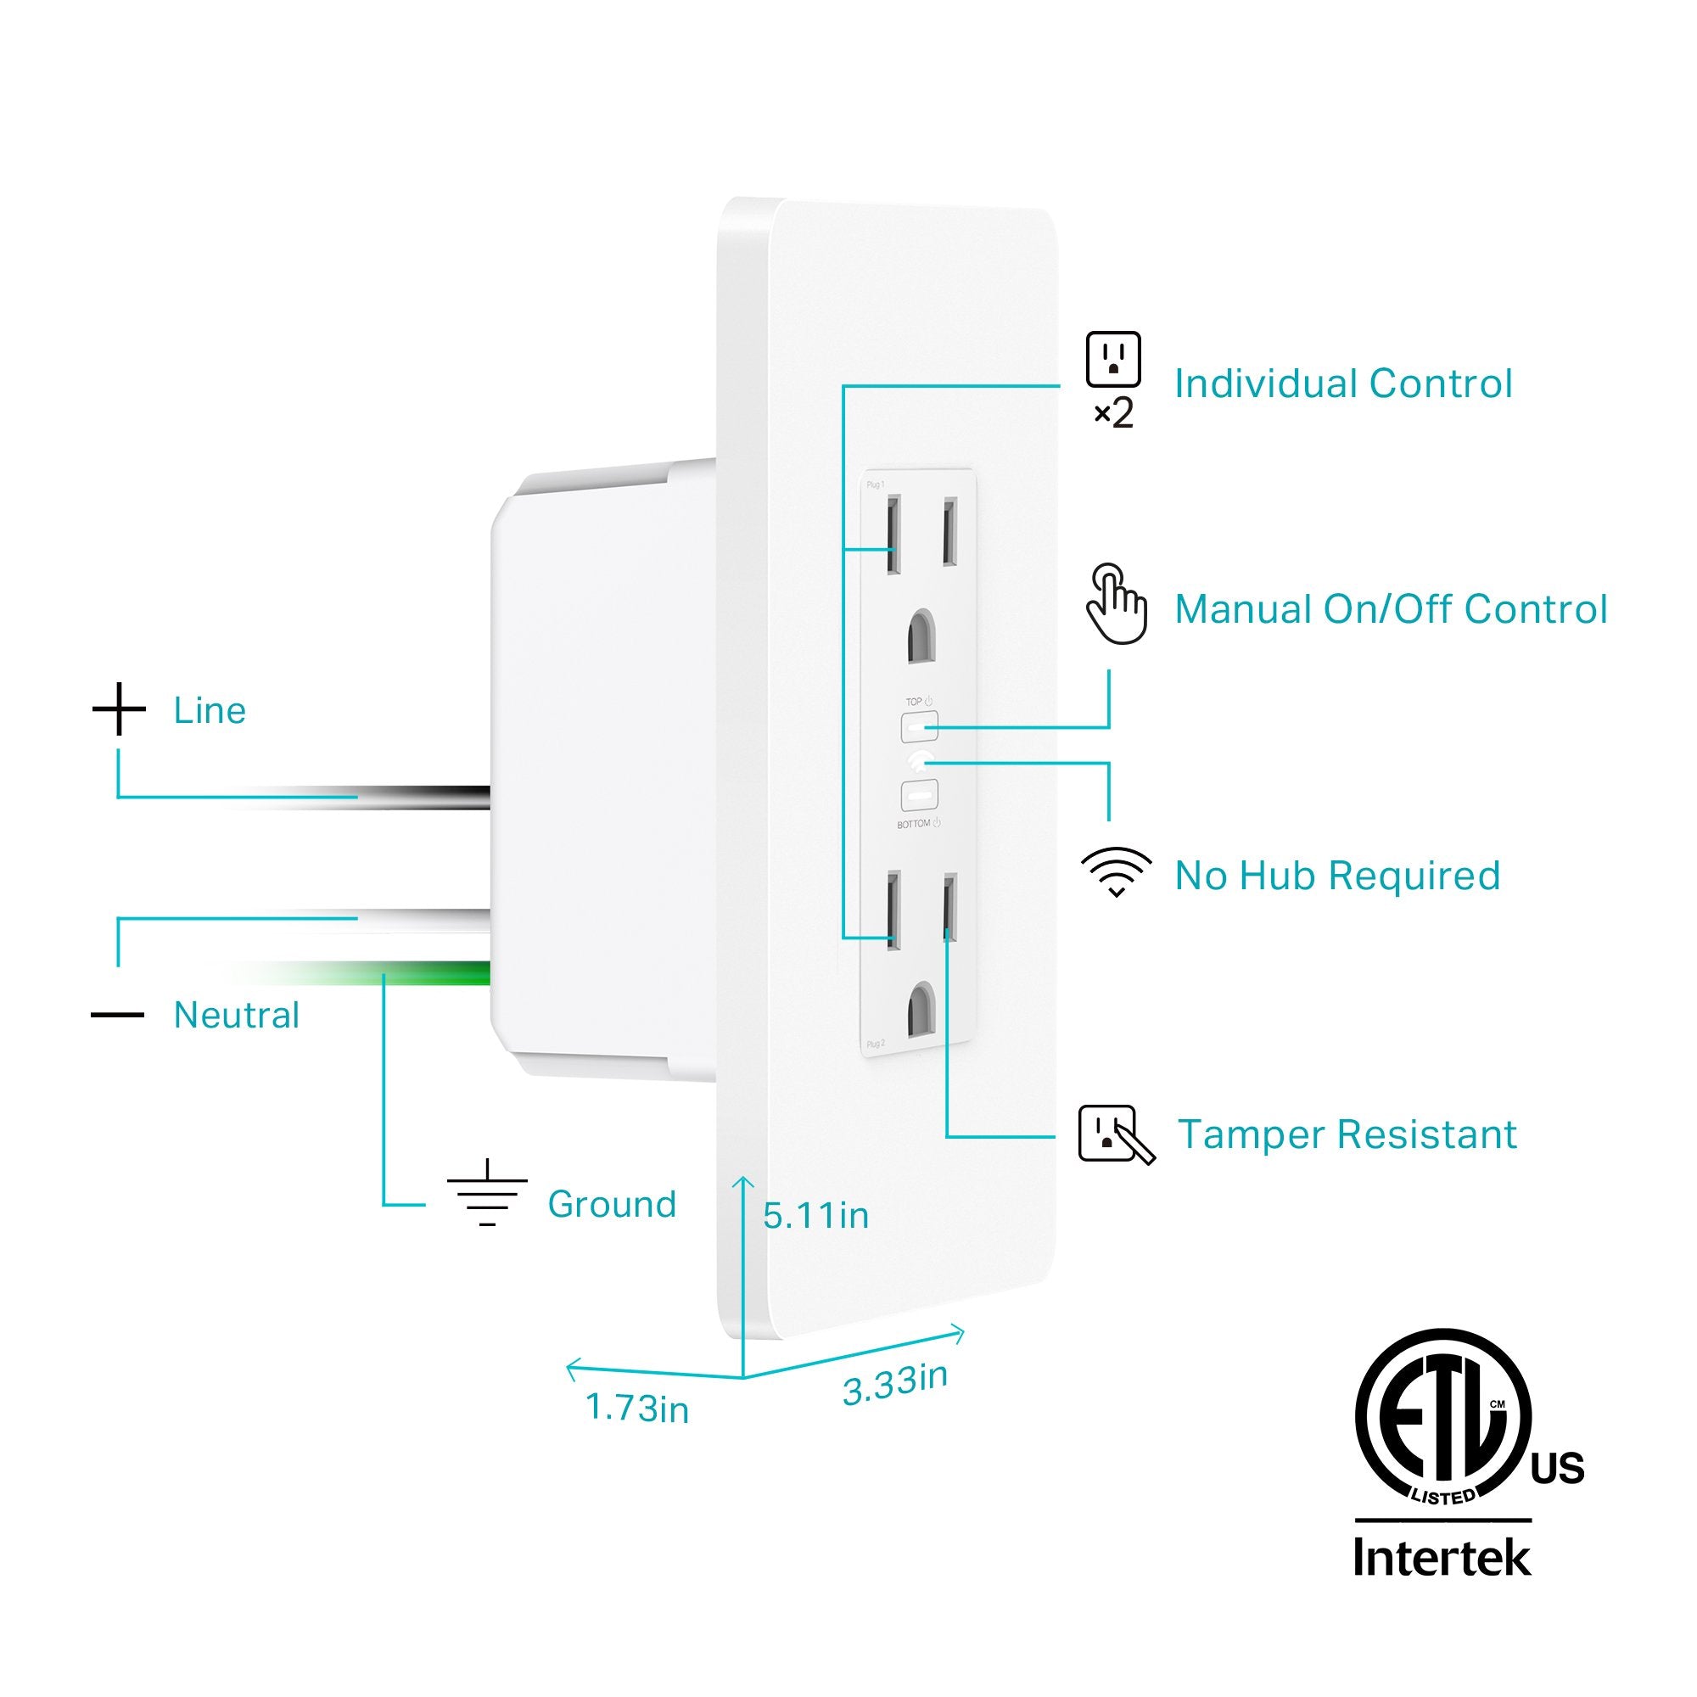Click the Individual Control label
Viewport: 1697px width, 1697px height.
click(1343, 384)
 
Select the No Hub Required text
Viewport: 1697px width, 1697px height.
click(1337, 876)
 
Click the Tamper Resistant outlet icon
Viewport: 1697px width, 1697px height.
click(1114, 1134)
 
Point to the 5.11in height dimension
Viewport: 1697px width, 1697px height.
click(815, 1216)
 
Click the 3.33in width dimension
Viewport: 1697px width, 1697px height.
click(894, 1384)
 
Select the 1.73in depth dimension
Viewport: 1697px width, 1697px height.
click(637, 1408)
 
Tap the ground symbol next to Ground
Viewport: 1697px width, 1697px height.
click(488, 1194)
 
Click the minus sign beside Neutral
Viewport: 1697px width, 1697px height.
click(118, 1016)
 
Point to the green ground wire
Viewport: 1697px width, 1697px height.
click(440, 973)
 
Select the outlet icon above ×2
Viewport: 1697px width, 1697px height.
click(1113, 359)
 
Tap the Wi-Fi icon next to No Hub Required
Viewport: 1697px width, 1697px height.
click(1116, 871)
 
